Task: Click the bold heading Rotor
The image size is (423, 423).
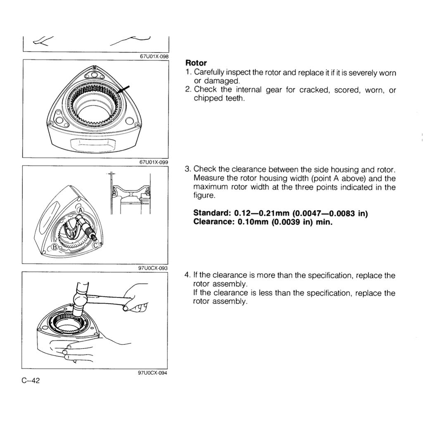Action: (x=196, y=63)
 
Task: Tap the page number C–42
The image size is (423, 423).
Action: (x=31, y=380)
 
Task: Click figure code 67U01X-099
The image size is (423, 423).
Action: (x=153, y=162)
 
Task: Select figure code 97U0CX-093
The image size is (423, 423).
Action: (x=153, y=268)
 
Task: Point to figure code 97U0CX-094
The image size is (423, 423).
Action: (x=153, y=373)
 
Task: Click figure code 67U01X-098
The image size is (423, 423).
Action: (x=153, y=57)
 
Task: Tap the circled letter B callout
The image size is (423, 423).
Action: (x=54, y=248)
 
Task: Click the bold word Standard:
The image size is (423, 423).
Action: (x=212, y=213)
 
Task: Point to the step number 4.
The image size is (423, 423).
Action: (x=187, y=276)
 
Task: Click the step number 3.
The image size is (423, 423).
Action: (x=187, y=169)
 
